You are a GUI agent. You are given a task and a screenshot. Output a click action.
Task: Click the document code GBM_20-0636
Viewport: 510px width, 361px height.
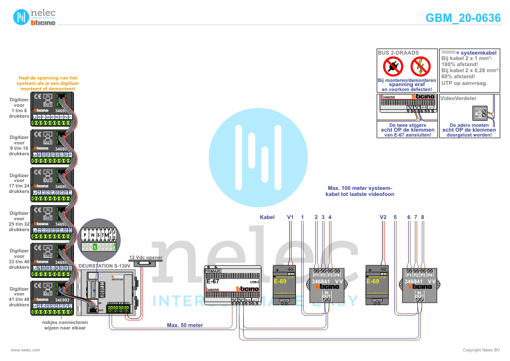pyautogui.click(x=463, y=18)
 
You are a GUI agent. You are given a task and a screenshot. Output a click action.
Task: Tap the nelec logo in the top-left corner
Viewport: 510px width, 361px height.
pyautogui.click(x=34, y=17)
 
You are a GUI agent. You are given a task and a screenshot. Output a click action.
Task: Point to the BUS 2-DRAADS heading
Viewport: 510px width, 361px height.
pyautogui.click(x=398, y=53)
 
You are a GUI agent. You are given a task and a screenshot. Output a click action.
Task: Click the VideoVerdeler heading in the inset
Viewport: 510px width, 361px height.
pyautogui.click(x=458, y=98)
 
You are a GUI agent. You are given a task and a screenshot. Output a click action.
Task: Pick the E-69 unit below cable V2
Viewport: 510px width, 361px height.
pyautogui.click(x=376, y=285)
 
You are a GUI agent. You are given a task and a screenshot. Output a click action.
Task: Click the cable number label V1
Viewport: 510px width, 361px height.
pyautogui.click(x=290, y=217)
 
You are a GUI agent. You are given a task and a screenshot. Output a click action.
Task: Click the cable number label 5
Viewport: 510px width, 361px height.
pyautogui.click(x=395, y=217)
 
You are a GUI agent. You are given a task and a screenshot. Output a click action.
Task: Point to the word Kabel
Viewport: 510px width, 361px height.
pyautogui.click(x=267, y=217)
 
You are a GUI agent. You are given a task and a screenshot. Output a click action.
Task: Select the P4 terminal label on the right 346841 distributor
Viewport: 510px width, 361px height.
pyautogui.click(x=431, y=275)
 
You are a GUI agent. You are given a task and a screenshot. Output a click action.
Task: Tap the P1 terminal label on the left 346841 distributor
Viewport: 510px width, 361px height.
pyautogui.click(x=316, y=275)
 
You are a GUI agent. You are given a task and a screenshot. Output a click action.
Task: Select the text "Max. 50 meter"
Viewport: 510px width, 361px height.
pyautogui.click(x=184, y=325)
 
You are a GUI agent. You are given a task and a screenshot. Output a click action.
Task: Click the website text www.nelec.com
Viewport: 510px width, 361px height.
pyautogui.click(x=25, y=350)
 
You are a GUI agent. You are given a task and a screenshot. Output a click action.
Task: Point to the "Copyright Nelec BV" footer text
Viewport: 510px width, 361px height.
pyautogui.click(x=481, y=350)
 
